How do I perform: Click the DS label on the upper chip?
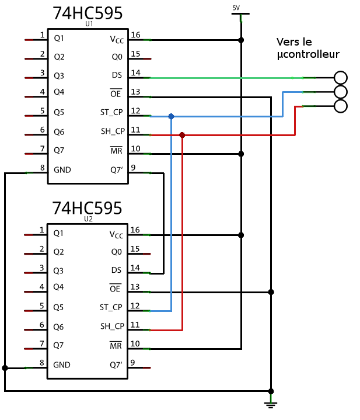117,75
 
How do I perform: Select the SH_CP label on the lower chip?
112,326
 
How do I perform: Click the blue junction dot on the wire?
171,117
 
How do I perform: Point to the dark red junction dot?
182,135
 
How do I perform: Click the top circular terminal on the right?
340,78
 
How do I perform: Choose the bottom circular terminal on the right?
340,106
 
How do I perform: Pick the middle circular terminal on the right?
340,92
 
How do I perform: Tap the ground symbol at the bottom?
270,401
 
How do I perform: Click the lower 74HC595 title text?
88,209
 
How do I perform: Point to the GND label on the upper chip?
62,170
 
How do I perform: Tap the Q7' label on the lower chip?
116,365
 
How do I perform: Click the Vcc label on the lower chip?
117,235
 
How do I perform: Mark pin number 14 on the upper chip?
135,73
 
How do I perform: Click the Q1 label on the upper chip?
59,38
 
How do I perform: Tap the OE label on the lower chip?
116,289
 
